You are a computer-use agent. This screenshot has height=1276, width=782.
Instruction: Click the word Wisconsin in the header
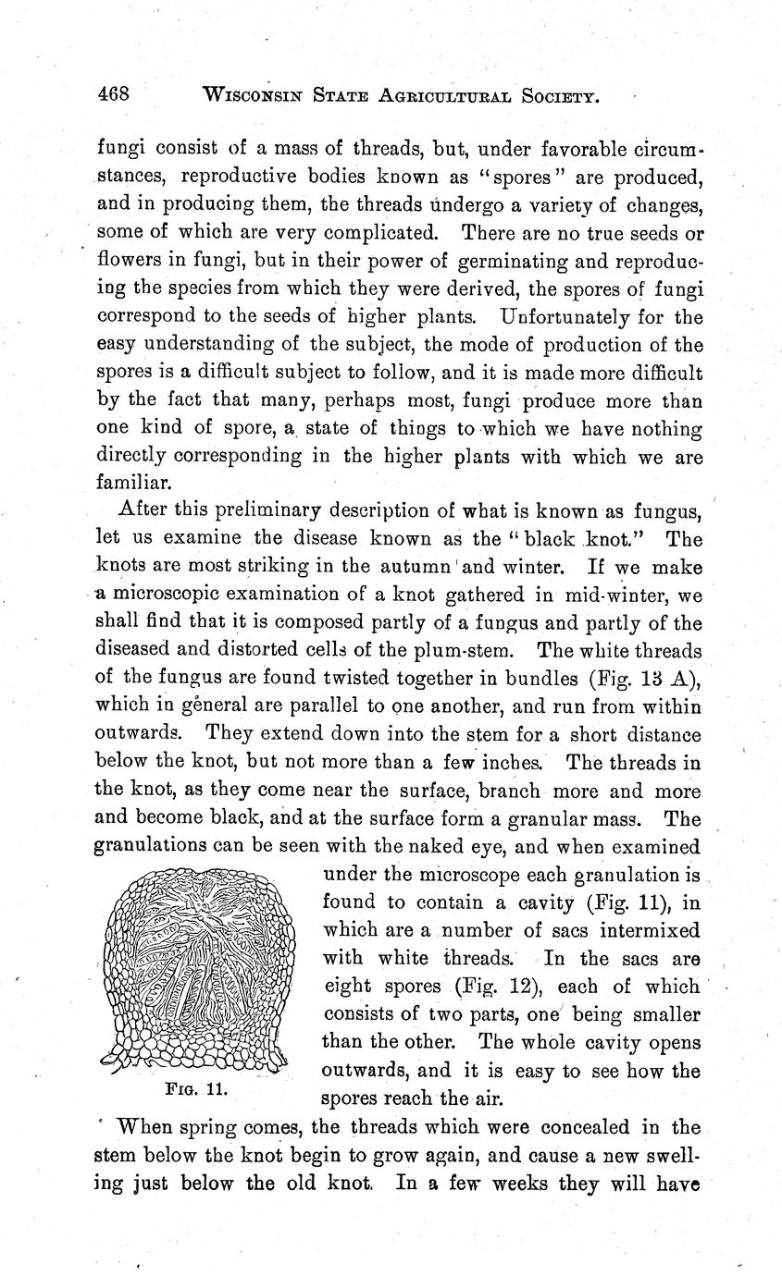pos(256,94)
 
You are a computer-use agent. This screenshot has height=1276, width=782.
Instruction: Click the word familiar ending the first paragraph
pos(128,483)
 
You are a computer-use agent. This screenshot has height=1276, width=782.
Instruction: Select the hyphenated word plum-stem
pos(479,650)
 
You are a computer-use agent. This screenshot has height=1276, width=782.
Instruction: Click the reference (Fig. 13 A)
pos(644,678)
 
